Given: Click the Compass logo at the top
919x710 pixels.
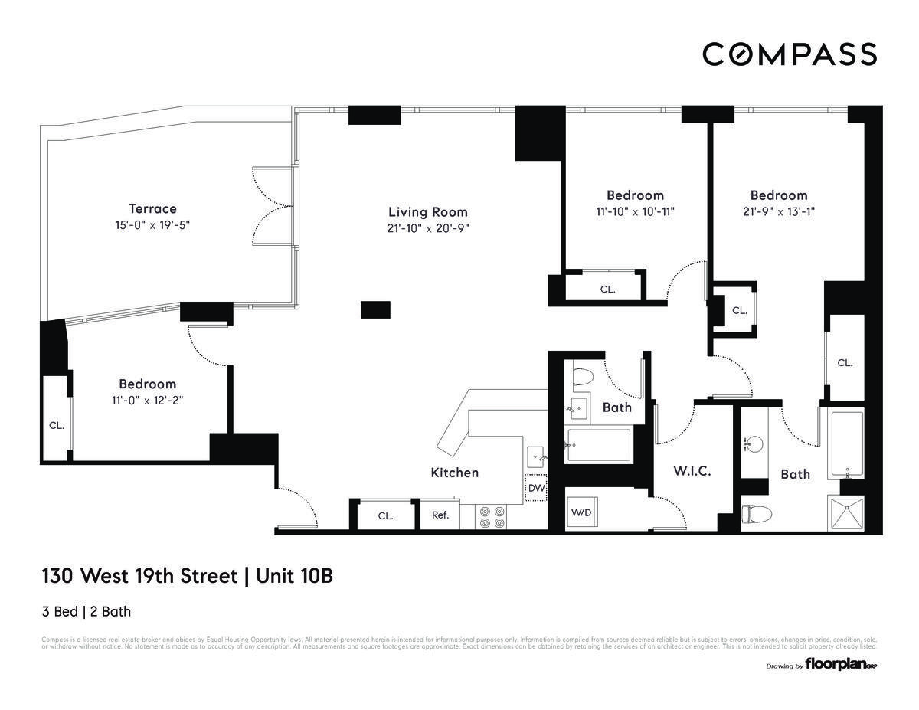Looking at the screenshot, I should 790,54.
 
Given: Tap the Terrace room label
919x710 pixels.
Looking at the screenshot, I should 152,208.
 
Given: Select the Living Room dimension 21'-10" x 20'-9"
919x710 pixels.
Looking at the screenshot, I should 427,227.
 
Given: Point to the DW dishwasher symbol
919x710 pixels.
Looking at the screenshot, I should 536,488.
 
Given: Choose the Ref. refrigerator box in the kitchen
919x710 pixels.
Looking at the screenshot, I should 440,515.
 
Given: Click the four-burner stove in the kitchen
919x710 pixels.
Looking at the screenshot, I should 491,517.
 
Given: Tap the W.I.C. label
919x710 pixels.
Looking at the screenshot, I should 692,471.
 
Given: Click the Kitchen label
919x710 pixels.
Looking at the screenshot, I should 454,473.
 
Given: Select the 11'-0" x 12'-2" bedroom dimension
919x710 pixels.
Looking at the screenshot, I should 147,399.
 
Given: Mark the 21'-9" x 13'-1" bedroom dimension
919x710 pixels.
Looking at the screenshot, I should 778,211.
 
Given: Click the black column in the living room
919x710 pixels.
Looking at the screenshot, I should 375,309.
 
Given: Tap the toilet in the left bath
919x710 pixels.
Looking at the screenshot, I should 582,376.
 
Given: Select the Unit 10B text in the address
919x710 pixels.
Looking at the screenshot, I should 294,576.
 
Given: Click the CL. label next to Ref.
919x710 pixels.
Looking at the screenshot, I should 385,515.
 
